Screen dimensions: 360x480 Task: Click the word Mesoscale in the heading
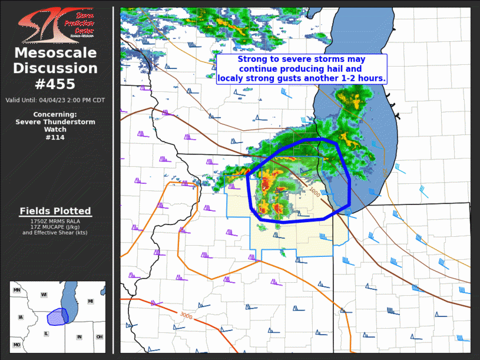(55, 54)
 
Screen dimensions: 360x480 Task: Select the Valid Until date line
(55, 100)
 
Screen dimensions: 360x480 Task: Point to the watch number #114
(55, 138)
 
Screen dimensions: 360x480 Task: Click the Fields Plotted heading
(55, 211)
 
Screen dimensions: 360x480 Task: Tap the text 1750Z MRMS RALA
(55, 221)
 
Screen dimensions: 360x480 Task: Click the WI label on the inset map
(44, 294)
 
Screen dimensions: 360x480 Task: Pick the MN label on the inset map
(17, 290)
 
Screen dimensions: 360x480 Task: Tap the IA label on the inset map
(21, 318)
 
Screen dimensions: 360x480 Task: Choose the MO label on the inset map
(17, 345)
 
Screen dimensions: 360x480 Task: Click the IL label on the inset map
(46, 333)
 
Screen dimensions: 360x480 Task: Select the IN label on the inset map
(79, 337)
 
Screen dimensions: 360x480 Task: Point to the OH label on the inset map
(100, 337)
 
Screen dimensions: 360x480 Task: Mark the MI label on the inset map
(91, 301)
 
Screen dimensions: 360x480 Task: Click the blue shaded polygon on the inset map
(57, 316)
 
